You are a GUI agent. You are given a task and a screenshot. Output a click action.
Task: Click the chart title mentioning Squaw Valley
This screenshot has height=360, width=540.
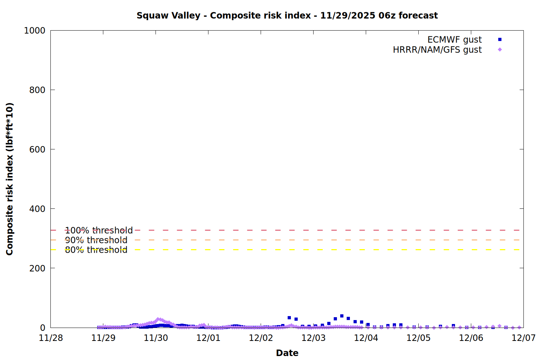287,15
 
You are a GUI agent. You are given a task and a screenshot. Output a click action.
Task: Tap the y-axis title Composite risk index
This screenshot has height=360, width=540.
10,179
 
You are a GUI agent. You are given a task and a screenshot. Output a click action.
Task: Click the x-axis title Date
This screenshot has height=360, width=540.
287,353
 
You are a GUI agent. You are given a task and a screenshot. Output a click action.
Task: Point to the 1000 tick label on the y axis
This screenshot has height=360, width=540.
35,31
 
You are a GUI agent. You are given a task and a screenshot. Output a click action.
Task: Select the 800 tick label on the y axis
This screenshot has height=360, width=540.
37,90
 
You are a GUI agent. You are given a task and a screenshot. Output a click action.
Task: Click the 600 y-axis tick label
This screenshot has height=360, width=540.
37,149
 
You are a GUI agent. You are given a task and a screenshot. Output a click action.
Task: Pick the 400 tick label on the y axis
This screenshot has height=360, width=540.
37,209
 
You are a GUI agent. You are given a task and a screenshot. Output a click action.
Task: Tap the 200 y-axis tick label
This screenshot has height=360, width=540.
37,268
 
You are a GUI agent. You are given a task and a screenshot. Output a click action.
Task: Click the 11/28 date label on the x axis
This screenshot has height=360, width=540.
51,338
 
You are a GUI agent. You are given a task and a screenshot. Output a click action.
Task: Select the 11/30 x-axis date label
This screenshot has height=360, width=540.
156,338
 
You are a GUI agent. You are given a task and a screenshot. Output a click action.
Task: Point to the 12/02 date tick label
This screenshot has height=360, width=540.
261,338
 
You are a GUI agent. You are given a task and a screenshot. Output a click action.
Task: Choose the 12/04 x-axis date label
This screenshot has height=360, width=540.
366,338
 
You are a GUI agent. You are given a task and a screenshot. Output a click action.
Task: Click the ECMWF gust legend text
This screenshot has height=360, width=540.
454,40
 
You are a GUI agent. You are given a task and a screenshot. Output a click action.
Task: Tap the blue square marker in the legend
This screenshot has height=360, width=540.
500,40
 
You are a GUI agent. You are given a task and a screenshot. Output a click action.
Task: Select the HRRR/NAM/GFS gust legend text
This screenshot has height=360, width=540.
437,50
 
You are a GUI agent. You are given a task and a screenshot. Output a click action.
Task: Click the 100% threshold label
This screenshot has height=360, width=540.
99,230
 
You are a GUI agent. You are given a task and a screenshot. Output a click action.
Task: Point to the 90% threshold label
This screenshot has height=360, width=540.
96,240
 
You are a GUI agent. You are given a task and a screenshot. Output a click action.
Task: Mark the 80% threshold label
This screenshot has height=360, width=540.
96,250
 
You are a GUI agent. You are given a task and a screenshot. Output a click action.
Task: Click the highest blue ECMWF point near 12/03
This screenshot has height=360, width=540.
342,316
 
